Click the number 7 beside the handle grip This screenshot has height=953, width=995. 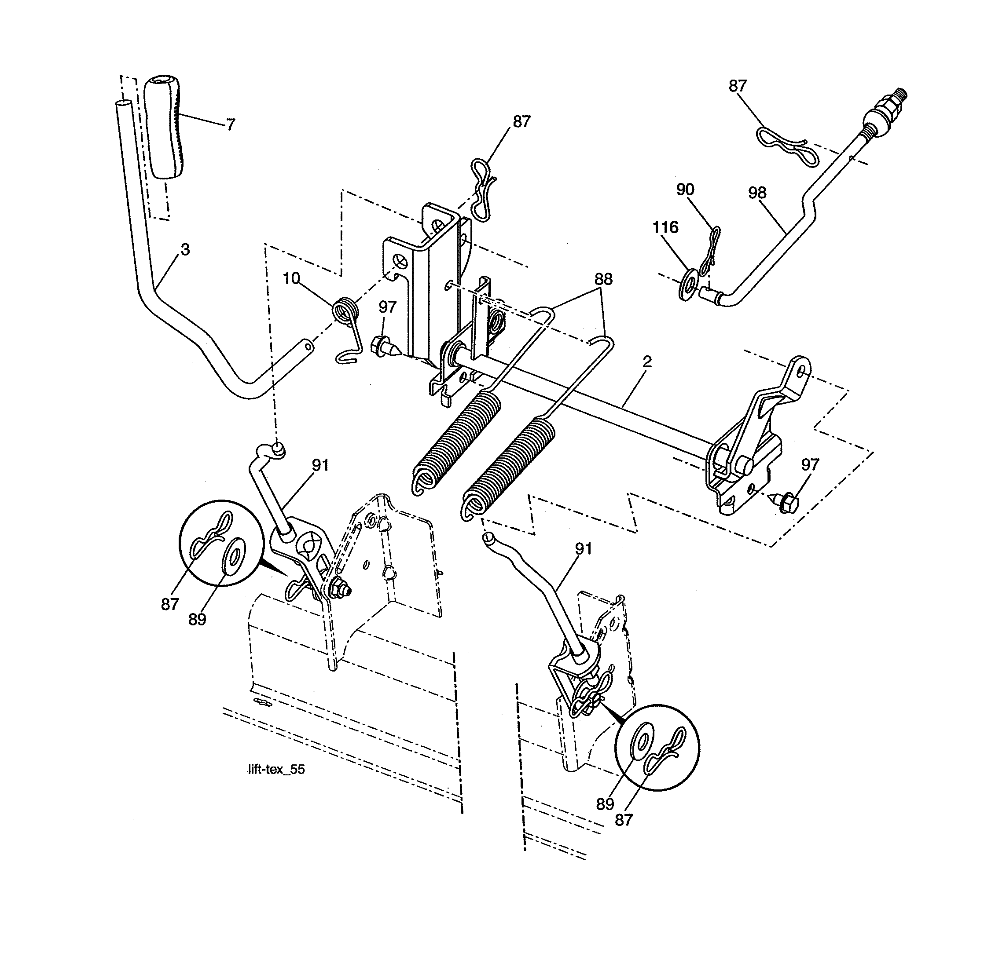click(x=231, y=124)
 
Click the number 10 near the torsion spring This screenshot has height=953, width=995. click(x=291, y=278)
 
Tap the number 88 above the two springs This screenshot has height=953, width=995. click(x=603, y=279)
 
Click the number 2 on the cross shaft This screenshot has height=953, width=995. click(x=647, y=361)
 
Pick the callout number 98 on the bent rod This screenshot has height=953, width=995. click(x=757, y=193)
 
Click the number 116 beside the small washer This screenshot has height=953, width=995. click(x=665, y=227)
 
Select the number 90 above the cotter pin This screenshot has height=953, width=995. click(x=685, y=190)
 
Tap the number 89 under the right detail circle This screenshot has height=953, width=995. click(x=605, y=804)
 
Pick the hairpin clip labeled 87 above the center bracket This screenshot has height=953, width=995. click(x=483, y=190)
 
